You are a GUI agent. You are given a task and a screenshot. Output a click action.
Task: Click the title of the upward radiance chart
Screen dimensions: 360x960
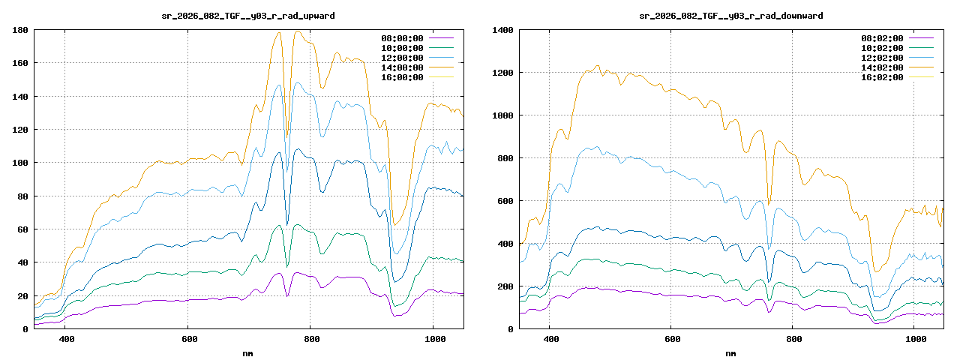248,16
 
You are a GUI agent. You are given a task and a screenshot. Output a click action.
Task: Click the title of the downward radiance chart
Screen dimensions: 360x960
730,16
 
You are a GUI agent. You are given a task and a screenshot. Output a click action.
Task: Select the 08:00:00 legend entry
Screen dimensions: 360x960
402,37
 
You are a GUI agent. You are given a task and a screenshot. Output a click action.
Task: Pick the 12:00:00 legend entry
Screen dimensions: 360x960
402,58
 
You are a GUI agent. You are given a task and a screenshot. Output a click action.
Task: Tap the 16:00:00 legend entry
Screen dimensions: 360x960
402,77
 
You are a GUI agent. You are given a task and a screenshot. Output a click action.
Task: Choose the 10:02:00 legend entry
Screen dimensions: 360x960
882,47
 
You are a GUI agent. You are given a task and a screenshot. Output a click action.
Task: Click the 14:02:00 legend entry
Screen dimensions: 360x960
882,67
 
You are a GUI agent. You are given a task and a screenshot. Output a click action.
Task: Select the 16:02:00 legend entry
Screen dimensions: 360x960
882,77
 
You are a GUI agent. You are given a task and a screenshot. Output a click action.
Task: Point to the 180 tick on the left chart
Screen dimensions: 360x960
20,30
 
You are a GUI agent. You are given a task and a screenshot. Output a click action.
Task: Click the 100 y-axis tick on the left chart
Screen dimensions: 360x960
20,163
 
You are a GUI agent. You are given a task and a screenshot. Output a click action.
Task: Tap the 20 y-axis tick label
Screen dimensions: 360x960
22,295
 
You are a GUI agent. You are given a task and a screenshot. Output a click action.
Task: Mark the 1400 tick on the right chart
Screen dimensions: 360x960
502,30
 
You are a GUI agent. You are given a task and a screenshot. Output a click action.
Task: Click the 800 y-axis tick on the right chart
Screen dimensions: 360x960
505,158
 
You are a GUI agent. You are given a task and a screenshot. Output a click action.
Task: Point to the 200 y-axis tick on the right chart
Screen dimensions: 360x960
505,286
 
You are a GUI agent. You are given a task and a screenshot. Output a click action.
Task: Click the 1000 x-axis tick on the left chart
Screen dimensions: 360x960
433,339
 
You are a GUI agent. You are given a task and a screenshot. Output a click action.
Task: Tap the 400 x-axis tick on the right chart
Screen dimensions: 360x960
550,339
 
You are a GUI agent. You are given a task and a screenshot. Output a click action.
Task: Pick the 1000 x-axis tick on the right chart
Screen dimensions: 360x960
916,339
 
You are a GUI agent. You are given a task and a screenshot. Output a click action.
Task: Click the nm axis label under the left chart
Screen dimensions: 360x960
248,352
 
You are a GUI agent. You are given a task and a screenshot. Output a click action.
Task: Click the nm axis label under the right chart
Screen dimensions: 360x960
730,352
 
